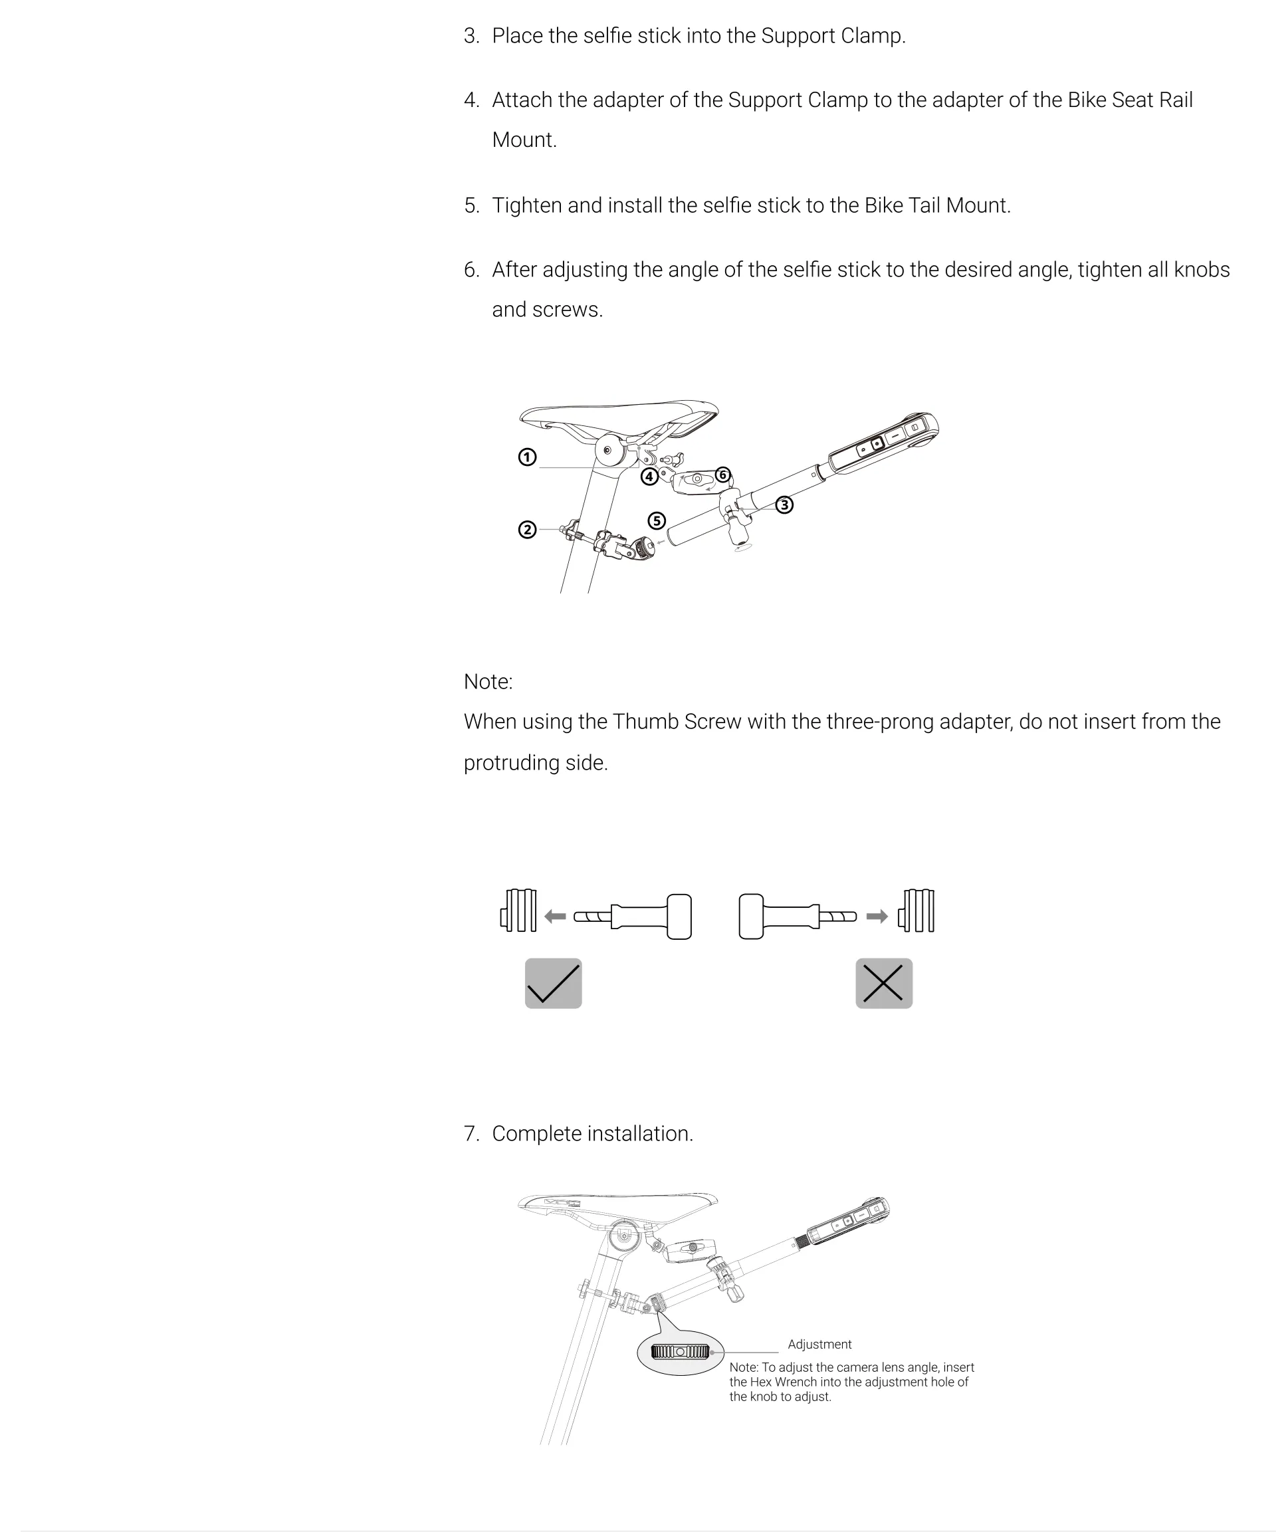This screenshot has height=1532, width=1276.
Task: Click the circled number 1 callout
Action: pos(527,457)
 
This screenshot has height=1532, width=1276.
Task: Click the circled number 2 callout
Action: pos(527,530)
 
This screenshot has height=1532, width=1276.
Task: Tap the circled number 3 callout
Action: pos(784,505)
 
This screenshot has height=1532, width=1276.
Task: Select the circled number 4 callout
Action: pos(649,477)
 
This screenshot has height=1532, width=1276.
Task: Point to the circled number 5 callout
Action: pos(657,521)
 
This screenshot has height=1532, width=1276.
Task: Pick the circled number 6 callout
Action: pos(722,475)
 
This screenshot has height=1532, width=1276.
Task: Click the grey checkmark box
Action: pos(553,984)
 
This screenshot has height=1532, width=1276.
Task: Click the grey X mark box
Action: pos(883,984)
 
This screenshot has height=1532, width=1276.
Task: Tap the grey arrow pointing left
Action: pos(555,917)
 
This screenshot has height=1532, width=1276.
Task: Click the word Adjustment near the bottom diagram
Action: pos(819,1344)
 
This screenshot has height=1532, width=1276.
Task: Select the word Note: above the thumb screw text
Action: pos(488,681)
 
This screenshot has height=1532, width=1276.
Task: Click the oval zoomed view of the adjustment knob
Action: pos(680,1351)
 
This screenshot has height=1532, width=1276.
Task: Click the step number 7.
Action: pos(471,1134)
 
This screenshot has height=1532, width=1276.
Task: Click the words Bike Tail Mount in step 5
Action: pos(937,206)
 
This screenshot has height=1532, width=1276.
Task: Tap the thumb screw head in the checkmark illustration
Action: pos(679,917)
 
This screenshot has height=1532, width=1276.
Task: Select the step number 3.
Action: pos(471,36)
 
